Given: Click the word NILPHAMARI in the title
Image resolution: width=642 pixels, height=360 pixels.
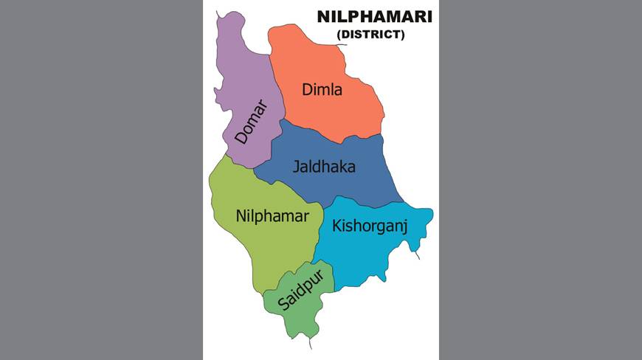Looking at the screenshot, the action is [374, 16].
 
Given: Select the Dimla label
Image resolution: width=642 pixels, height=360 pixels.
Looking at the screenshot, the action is [322, 90].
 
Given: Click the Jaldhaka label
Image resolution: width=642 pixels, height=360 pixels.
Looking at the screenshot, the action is [324, 167].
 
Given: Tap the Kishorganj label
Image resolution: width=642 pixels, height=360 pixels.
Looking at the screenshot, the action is [370, 225].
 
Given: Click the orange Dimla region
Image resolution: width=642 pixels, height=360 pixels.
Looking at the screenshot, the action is [347, 111].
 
